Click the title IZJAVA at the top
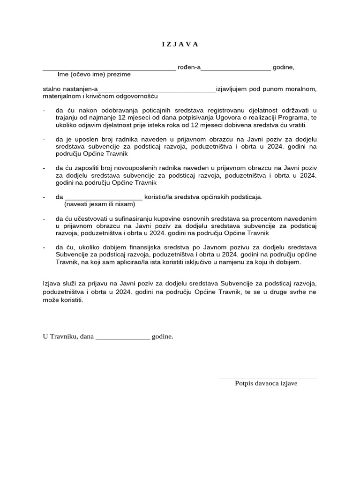[x=180, y=45]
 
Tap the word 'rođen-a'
[x=189, y=67]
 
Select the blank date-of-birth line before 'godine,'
[x=236, y=69]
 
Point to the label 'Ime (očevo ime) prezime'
[x=94, y=75]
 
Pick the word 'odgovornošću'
[x=139, y=96]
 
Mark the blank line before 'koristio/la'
[x=104, y=198]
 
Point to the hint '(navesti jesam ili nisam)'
[x=99, y=204]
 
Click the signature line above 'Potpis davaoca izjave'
[x=268, y=377]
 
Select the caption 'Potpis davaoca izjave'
[x=266, y=383]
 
